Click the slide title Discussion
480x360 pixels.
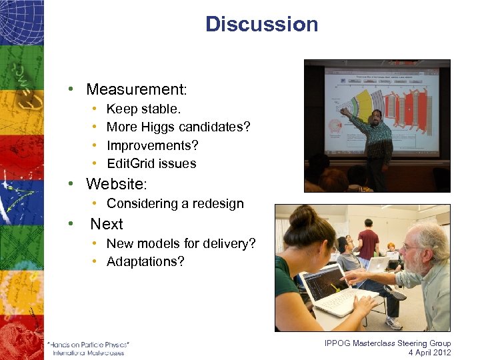pyautogui.click(x=261, y=25)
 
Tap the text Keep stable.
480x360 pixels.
pyautogui.click(x=143, y=109)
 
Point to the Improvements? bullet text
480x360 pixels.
pyautogui.click(x=153, y=145)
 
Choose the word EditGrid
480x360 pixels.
pyautogui.click(x=133, y=163)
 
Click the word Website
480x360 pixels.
pyautogui.click(x=115, y=183)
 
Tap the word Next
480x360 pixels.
pyautogui.click(x=107, y=224)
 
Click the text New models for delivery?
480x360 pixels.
pyautogui.click(x=181, y=244)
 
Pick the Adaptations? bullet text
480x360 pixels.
pyautogui.click(x=145, y=262)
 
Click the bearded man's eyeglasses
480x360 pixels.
pyautogui.click(x=412, y=247)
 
